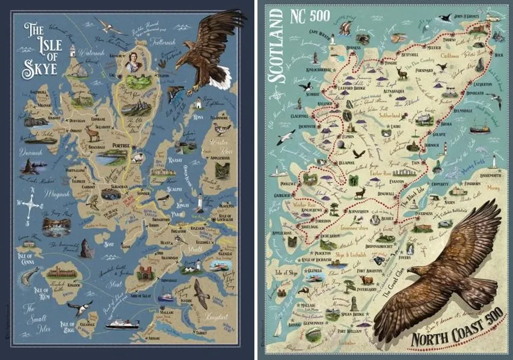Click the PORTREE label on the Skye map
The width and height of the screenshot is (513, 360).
[120, 144]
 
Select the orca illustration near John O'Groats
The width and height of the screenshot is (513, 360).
[445, 19]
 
